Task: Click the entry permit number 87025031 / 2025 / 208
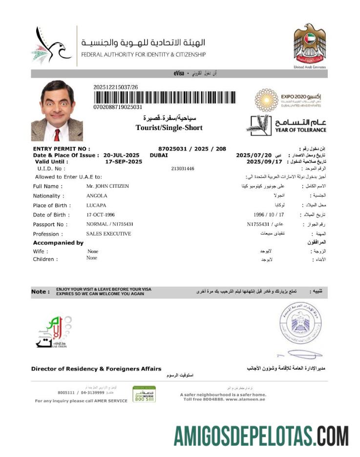point(192,149)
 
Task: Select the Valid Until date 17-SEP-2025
point(124,161)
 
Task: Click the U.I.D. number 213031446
point(183,169)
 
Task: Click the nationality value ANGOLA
point(97,196)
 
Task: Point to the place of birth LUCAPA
point(96,205)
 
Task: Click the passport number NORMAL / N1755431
point(109,224)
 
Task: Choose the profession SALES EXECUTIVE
point(108,234)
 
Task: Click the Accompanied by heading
point(58,243)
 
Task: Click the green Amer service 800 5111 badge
point(144,394)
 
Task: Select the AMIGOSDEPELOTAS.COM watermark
point(261,435)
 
